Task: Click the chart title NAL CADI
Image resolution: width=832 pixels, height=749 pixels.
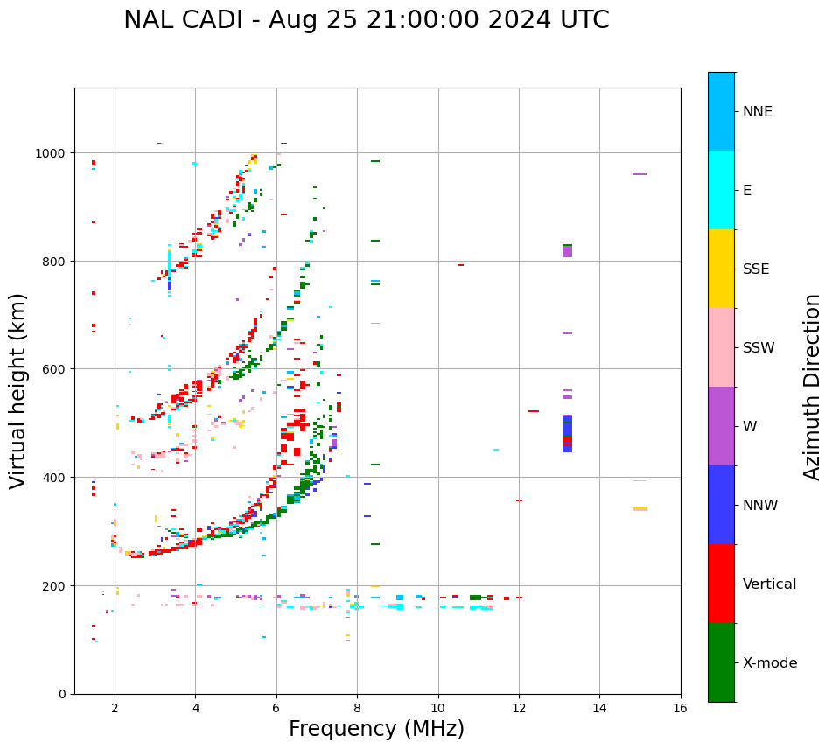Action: [366, 20]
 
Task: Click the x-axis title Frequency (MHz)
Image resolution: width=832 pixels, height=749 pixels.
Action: [376, 729]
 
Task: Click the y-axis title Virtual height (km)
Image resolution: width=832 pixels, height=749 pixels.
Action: [18, 390]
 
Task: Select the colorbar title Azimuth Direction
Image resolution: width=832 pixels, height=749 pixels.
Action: [813, 387]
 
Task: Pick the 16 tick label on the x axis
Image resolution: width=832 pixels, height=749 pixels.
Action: [680, 708]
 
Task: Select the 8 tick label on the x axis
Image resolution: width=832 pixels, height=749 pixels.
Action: [357, 708]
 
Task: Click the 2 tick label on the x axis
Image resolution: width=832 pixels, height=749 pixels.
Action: [115, 708]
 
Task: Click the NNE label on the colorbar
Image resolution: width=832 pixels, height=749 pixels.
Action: [758, 112]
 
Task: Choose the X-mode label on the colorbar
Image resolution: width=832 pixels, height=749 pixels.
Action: [770, 663]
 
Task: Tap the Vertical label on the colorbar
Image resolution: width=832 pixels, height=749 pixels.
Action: [770, 584]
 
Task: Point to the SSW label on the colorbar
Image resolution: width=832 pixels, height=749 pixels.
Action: [759, 348]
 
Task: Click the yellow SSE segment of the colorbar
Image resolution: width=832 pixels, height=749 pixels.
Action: [721, 269]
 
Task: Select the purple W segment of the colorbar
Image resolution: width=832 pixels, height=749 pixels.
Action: [721, 426]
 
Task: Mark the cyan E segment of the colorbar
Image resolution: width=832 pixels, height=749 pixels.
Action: [721, 190]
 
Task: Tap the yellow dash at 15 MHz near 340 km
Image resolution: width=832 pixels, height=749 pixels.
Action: [640, 509]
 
